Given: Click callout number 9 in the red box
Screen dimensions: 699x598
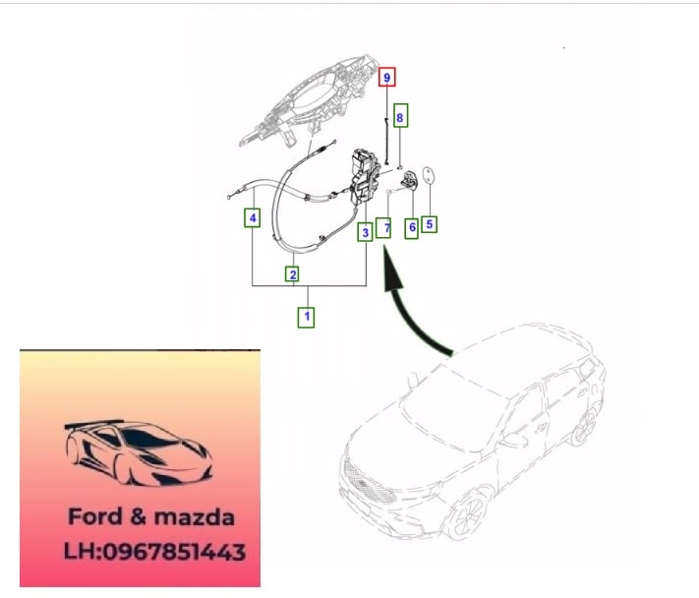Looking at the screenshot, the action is coord(387,77).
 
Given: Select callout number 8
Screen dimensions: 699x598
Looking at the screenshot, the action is coord(400,117).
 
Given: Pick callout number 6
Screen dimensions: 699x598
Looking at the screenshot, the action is coord(412,227).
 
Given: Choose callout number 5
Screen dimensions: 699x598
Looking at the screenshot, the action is coord(429,224).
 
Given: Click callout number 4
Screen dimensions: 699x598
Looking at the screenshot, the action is coord(253,218).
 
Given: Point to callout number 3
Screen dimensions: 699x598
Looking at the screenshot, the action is coord(365,232).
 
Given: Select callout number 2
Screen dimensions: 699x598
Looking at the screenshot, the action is coord(292,274).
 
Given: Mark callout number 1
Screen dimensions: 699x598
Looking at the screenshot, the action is coord(307,317).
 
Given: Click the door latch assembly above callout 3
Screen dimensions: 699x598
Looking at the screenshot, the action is coord(365,177).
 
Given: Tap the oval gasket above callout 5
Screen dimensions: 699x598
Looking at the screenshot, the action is coord(429,175).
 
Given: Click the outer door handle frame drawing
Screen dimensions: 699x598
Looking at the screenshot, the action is coord(308,101).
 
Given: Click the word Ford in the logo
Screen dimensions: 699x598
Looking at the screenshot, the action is coord(95,516).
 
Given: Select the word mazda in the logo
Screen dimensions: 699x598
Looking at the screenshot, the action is coord(194,517).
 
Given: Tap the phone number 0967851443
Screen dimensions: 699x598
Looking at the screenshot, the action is coord(174,552).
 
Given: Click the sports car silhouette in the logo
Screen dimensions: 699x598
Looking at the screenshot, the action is coord(139,452).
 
